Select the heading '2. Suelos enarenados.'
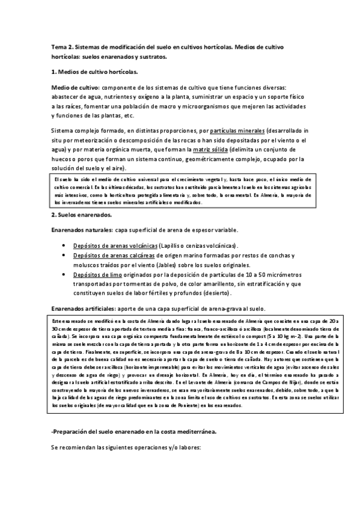(81, 215)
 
